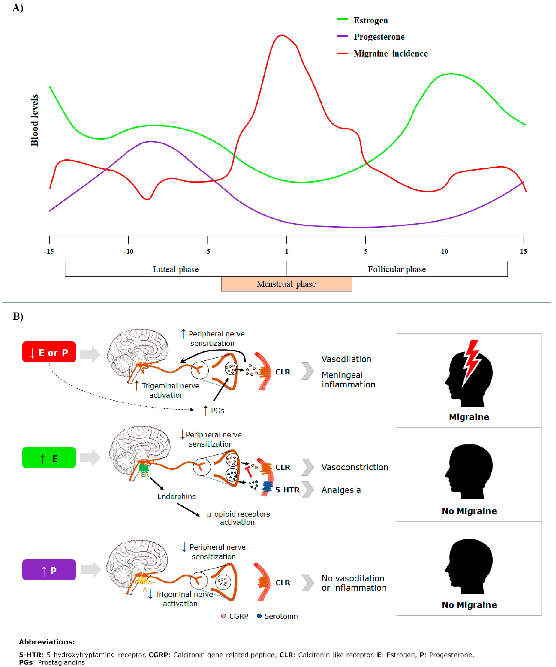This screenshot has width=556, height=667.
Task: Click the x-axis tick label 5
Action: click(x=366, y=252)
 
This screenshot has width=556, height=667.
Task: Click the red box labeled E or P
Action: click(x=49, y=352)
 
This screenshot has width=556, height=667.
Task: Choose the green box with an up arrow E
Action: click(x=49, y=458)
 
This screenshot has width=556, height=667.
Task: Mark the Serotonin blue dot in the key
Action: click(x=259, y=616)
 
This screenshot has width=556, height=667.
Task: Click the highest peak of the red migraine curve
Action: click(x=282, y=35)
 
